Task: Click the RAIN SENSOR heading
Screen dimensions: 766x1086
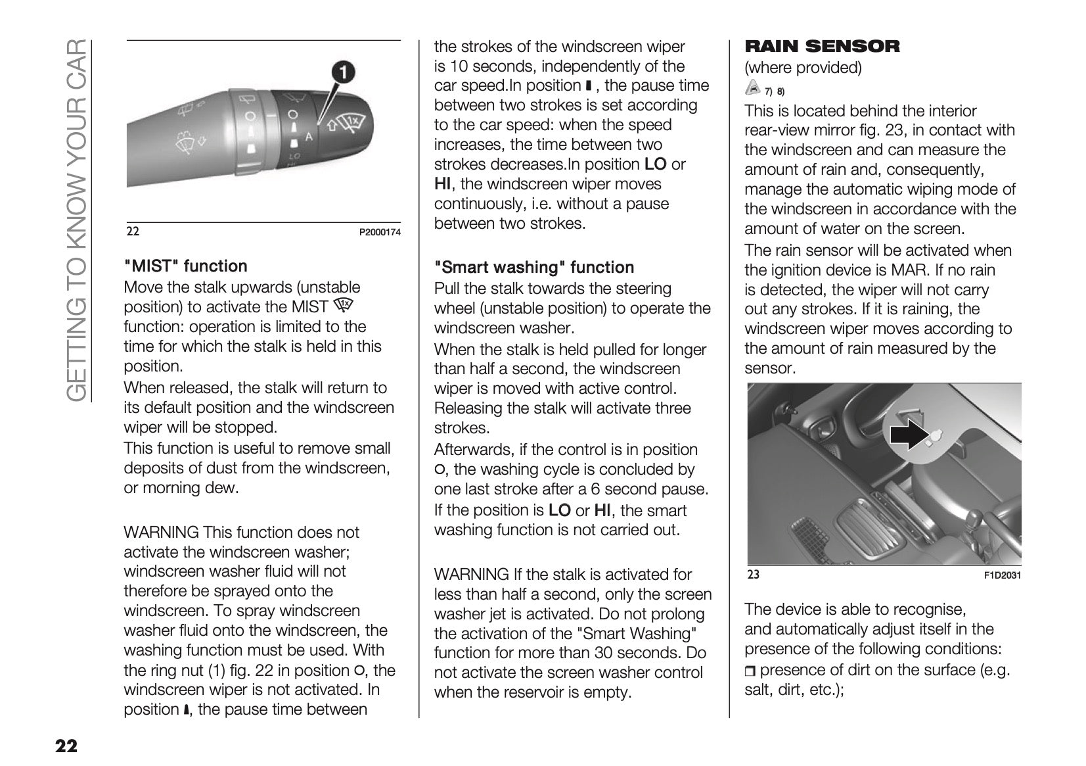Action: tap(821, 46)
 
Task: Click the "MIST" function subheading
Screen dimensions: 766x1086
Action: tap(185, 266)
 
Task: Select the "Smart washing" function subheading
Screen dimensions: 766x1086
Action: tap(533, 268)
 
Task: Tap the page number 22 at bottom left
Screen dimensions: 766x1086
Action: tap(66, 746)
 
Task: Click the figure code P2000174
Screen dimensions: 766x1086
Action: tap(379, 233)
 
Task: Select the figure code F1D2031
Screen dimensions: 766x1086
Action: tap(1002, 576)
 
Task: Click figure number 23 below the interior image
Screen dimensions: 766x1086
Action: tap(753, 575)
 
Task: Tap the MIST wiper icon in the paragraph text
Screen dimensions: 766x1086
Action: tap(343, 305)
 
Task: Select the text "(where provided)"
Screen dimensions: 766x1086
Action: tap(802, 68)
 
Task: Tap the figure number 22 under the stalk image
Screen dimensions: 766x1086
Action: tap(133, 232)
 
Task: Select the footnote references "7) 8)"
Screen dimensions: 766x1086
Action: tap(775, 91)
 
